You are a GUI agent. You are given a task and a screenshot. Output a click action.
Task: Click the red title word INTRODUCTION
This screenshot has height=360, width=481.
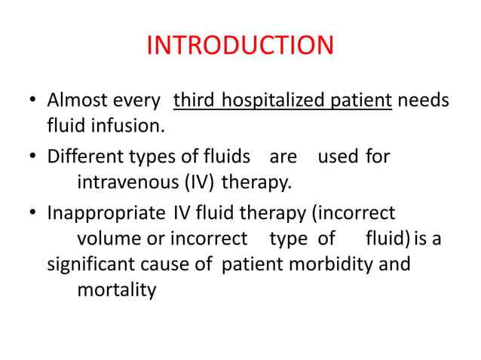point(240,46)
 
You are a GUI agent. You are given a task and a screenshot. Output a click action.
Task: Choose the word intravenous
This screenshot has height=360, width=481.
point(125,182)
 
